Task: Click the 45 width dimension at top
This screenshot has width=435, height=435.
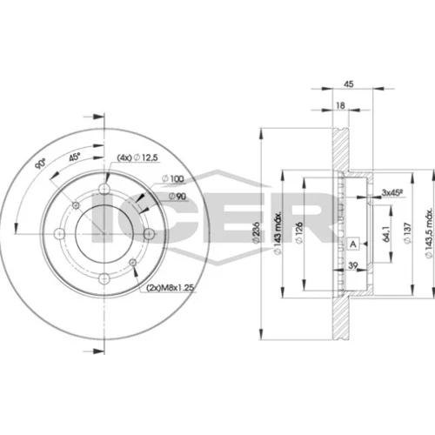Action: coord(348,84)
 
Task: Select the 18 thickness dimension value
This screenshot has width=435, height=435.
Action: coord(340,105)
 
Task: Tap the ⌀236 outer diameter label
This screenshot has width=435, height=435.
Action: coord(256,233)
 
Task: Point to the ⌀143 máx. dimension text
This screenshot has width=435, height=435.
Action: coord(278,233)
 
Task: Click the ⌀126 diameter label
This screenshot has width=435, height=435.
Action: coord(299,232)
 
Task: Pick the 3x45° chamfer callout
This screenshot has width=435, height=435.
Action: coord(393,192)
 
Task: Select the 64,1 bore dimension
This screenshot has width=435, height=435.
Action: coord(386,233)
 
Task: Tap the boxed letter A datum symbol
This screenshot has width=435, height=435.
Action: coord(353,244)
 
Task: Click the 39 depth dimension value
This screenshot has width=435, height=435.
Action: coord(353,265)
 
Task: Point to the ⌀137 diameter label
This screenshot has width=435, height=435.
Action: coord(407,233)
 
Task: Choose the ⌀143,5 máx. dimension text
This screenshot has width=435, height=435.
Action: coord(429,233)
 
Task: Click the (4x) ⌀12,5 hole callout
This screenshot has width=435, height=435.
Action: coord(137,157)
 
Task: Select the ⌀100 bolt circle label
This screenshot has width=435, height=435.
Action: coord(173,179)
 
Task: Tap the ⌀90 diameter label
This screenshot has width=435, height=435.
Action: coord(177,197)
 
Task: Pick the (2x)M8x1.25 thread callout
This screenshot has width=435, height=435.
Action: coord(170,288)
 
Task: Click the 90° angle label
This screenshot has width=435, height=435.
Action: coord(40,164)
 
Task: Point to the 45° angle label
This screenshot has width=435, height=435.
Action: coord(75,157)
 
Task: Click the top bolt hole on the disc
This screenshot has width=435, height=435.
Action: coord(104,189)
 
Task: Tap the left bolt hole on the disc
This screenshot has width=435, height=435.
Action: coord(60,233)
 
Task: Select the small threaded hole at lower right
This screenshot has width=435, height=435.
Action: coord(133,263)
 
